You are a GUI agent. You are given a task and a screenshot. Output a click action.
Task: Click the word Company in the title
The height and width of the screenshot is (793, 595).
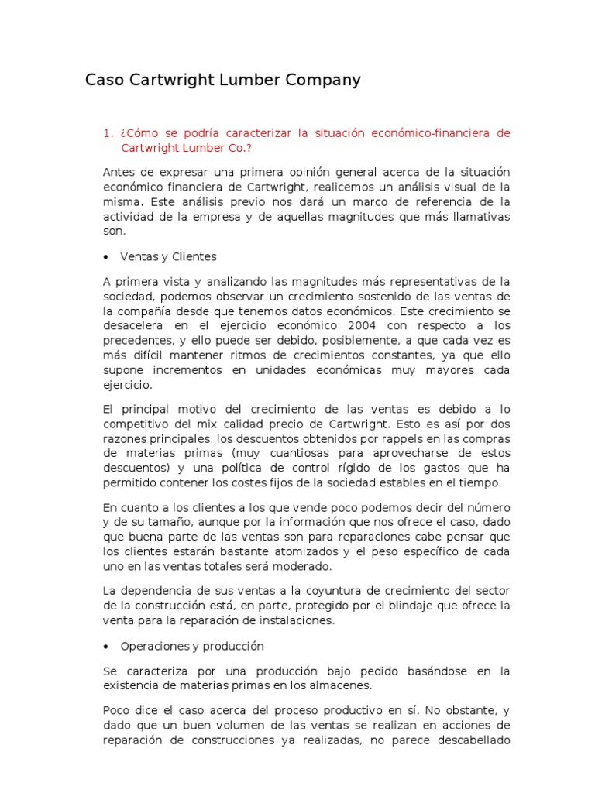319,81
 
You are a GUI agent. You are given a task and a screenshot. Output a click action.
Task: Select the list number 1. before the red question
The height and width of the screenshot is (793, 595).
108,133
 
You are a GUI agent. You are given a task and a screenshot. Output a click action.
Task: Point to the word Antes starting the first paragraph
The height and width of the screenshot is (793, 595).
118,172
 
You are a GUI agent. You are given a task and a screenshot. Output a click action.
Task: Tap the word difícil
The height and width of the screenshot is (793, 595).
146,355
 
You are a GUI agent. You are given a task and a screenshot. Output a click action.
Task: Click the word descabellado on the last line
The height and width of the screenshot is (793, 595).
475,740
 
